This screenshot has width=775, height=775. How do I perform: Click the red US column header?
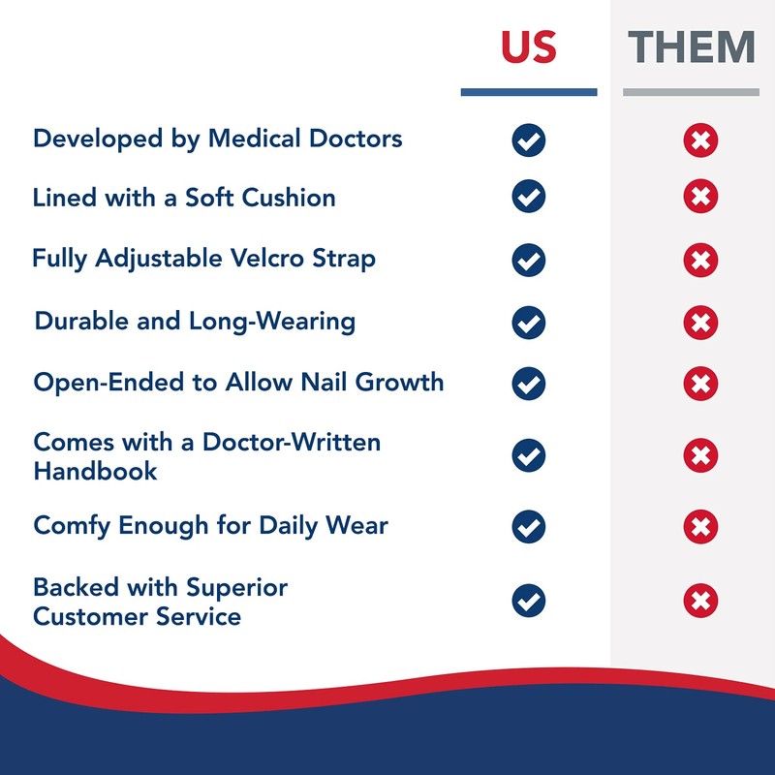[x=529, y=47]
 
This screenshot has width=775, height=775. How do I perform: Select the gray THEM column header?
[x=691, y=47]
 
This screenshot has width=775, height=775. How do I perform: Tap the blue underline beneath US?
[x=529, y=92]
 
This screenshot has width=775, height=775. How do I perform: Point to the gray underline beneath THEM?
[x=691, y=92]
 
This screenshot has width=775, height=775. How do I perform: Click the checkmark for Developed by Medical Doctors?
[x=529, y=140]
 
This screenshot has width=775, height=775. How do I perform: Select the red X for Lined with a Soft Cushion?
[x=700, y=198]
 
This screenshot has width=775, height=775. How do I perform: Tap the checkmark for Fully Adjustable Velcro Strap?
[x=529, y=261]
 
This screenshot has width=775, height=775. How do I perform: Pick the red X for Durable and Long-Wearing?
[x=700, y=322]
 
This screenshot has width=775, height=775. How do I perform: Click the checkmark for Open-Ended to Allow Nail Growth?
[x=529, y=383]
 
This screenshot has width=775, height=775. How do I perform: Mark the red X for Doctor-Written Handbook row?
[x=700, y=455]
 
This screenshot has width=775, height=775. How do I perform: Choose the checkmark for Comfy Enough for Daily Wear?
[x=529, y=527]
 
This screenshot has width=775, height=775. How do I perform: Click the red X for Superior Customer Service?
[x=700, y=601]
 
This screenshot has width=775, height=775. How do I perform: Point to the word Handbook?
[x=95, y=472]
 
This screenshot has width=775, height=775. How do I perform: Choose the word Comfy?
[x=74, y=527]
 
